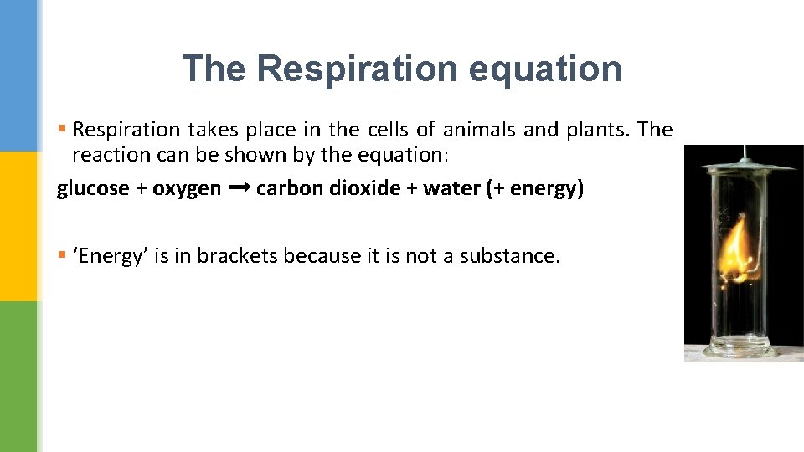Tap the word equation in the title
coord(545,69)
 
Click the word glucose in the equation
coord(93,189)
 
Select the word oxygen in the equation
coord(187,189)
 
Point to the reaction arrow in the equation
coord(239,188)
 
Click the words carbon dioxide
coord(328,188)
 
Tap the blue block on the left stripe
coord(18,75)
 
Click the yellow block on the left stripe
coord(18,226)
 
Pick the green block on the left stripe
coord(18,377)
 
